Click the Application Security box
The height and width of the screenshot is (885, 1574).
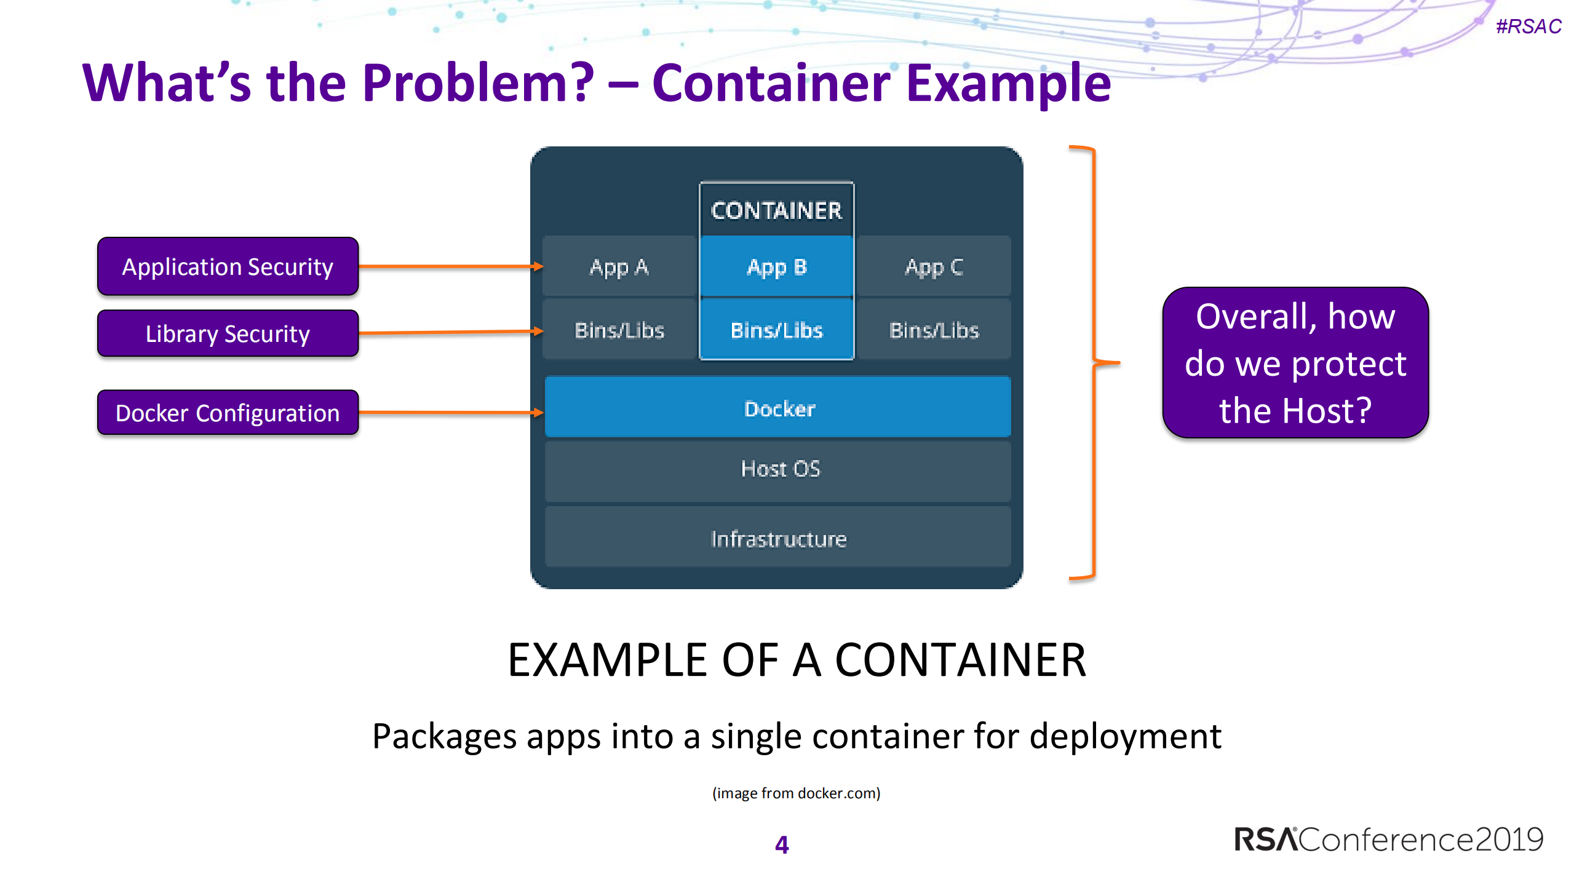pos(228,266)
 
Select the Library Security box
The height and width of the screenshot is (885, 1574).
pos(228,333)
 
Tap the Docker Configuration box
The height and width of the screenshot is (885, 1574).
pos(228,413)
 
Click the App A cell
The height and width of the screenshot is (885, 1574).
pos(619,267)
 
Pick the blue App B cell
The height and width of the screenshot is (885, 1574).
pos(776,267)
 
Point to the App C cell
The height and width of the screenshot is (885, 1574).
pos(934,267)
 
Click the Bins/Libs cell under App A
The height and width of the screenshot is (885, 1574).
pos(619,330)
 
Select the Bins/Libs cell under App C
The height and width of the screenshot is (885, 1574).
pos(934,330)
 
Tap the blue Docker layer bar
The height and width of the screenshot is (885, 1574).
pos(778,408)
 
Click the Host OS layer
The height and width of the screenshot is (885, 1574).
pos(778,469)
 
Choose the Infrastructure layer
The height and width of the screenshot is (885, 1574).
pos(778,539)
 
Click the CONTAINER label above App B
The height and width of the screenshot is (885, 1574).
pos(776,210)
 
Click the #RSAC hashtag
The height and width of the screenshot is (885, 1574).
pos(1528,26)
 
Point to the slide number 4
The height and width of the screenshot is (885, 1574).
pos(782,844)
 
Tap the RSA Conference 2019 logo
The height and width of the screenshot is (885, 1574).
pos(1388,839)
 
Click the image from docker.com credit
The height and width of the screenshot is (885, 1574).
pos(796,793)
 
